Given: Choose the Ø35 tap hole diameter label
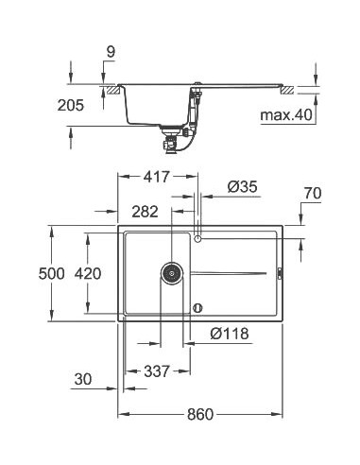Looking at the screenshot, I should click(244, 189).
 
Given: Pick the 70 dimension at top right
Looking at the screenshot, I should click(314, 195).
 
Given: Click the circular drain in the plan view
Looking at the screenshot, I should click(172, 272).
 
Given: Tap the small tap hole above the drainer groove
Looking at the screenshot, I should click(197, 239).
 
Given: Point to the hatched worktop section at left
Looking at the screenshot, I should click(113, 89).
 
